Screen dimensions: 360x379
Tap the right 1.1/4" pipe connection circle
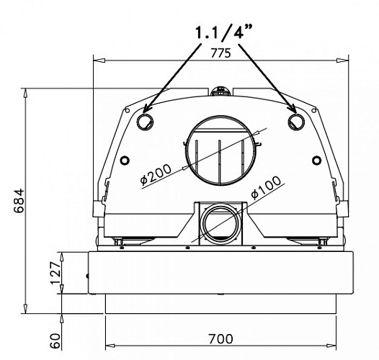click(295, 120)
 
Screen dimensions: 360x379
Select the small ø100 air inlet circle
click(220, 221)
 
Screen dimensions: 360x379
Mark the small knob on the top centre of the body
click(220, 91)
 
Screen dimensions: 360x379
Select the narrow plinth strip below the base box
click(220, 305)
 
